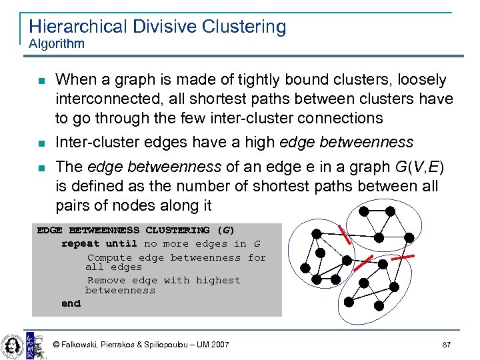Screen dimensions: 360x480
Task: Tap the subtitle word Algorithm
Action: [x=57, y=44]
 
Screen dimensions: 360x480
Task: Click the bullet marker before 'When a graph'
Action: [x=41, y=81]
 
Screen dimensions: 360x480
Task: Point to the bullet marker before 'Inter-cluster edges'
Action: [x=41, y=143]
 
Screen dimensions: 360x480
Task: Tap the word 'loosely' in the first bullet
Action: [x=423, y=80]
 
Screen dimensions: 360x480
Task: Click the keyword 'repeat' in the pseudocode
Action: [x=80, y=244]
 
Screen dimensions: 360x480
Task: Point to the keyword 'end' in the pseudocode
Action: [x=71, y=303]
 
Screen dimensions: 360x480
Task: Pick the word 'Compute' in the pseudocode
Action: [x=109, y=257]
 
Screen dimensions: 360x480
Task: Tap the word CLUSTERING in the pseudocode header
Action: [x=177, y=231]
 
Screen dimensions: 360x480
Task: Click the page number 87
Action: [x=447, y=345]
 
